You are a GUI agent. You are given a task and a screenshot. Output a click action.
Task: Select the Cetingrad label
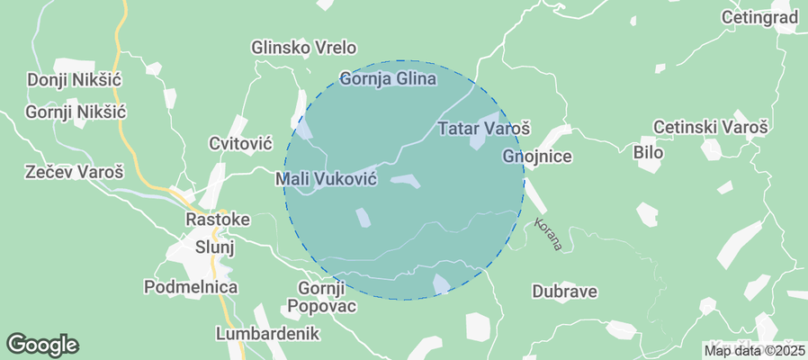coord(760,17)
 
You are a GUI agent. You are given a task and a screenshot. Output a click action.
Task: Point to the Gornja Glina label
coord(388,79)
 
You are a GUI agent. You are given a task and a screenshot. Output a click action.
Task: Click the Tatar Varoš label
coord(484,129)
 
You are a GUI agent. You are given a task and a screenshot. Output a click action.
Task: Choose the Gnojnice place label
coord(537,157)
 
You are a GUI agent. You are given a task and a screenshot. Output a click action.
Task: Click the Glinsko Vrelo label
coord(304,48)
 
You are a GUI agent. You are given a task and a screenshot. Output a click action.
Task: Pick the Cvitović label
coord(240,144)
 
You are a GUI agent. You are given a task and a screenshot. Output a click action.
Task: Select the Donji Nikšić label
coord(75,80)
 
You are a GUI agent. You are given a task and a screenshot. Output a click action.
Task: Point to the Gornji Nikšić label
coord(76,112)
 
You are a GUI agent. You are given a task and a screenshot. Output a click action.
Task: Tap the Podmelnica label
coord(191,287)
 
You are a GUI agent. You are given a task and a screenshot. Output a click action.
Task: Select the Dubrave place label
coord(564,292)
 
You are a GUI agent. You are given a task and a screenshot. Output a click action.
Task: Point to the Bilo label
coord(648,153)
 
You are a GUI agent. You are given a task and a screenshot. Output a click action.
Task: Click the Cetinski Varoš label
coord(711,128)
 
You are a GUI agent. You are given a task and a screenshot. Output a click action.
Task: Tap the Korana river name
coord(547,234)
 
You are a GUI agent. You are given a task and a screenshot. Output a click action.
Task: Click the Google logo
coord(42,344)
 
